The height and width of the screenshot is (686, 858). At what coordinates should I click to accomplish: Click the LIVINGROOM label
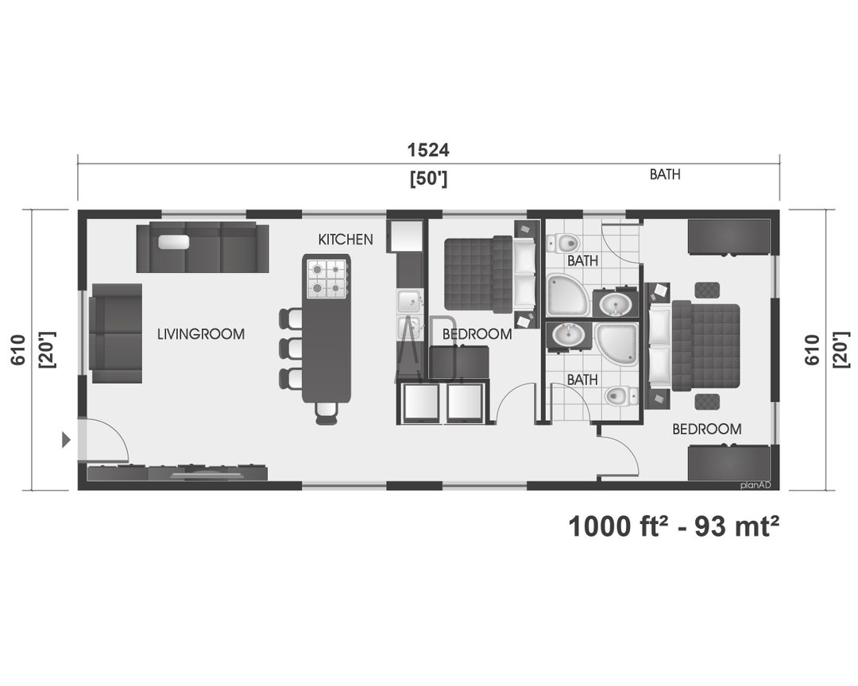(201, 333)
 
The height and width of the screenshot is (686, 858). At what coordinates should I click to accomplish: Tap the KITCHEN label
(346, 239)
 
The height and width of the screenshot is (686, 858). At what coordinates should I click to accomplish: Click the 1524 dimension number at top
(428, 149)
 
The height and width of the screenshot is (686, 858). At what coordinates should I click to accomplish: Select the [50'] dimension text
(428, 179)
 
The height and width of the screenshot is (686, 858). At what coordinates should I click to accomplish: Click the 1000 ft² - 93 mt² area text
(674, 526)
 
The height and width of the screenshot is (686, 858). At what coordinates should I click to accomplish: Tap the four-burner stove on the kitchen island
(327, 279)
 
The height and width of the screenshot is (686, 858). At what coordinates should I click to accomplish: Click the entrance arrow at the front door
(66, 440)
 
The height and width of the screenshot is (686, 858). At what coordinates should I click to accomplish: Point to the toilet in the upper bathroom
(563, 242)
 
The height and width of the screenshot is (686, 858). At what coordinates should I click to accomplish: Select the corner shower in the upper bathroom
(567, 295)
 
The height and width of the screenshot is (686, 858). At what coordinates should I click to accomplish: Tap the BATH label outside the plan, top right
(665, 175)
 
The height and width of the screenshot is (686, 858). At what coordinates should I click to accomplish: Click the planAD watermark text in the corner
(756, 484)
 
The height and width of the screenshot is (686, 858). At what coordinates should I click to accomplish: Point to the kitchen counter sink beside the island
(409, 301)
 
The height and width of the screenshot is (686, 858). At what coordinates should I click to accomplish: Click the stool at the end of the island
(327, 413)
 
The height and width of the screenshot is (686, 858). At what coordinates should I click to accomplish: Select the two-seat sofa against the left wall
(116, 333)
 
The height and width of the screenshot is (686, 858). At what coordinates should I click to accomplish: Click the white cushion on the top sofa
(173, 241)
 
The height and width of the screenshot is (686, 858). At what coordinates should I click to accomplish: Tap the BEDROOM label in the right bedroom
(707, 429)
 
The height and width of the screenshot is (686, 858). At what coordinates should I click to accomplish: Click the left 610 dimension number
(18, 349)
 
